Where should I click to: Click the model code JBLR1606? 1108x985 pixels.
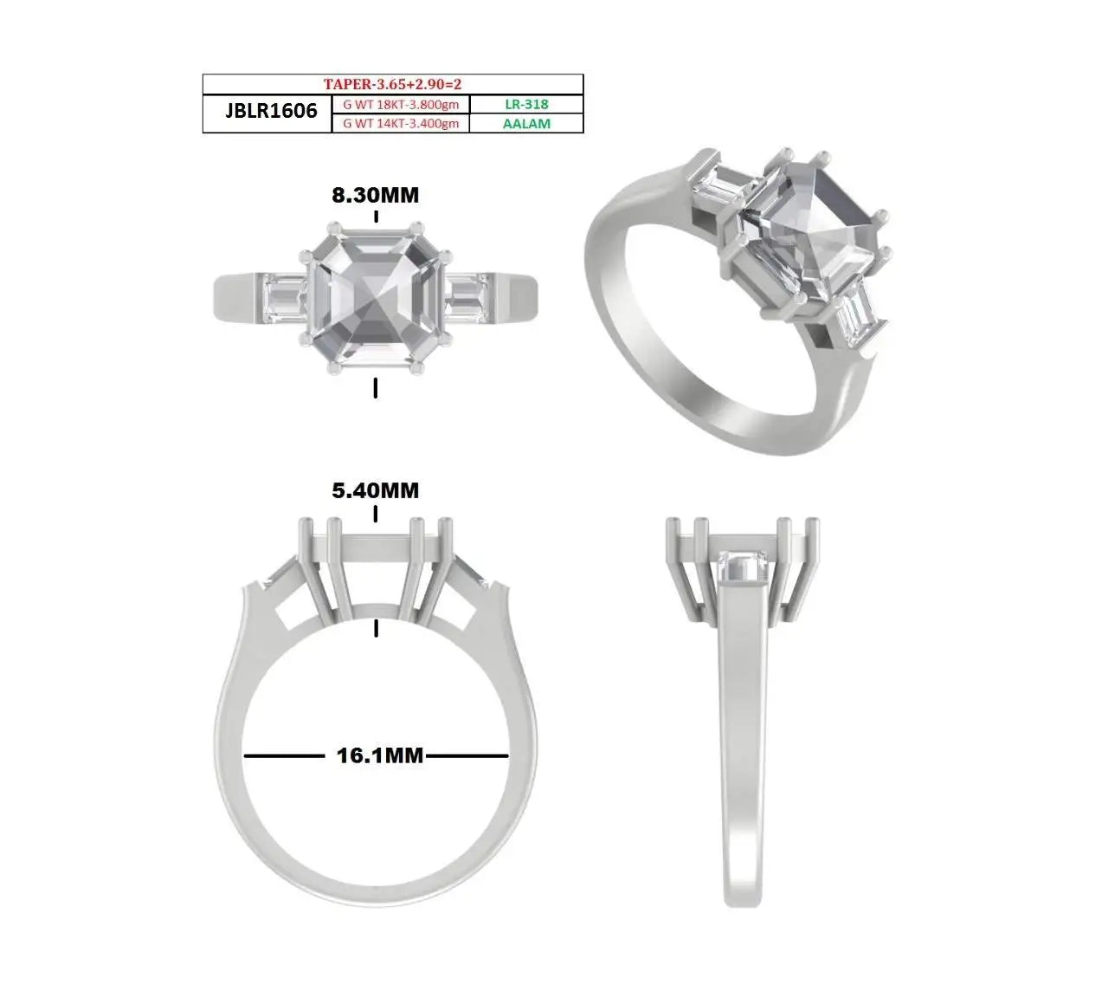tap(271, 111)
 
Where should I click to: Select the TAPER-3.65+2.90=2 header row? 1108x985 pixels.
tap(392, 84)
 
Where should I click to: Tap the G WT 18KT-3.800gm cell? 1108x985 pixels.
tap(401, 105)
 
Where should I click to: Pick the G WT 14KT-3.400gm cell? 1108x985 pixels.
tap(401, 124)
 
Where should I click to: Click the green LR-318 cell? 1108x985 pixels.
tap(526, 104)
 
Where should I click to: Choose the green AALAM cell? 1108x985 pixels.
tap(526, 124)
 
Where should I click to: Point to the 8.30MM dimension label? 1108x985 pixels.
tap(375, 196)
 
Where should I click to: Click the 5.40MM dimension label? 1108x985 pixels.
tap(375, 490)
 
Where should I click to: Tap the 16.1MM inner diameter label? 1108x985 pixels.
tap(379, 756)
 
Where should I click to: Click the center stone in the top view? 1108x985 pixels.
tap(376, 299)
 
